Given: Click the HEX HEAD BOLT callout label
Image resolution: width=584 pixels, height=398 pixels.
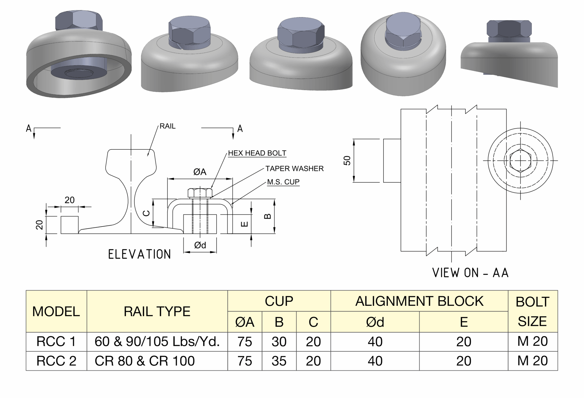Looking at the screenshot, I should [x=257, y=153].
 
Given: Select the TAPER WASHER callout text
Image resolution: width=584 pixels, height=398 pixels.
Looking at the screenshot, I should [x=294, y=169].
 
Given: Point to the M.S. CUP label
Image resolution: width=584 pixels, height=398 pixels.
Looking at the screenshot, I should [x=283, y=182].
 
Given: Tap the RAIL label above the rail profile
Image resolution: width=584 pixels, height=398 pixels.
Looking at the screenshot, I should [x=167, y=126].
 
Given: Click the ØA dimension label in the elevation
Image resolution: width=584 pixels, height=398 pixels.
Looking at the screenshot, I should [x=200, y=172].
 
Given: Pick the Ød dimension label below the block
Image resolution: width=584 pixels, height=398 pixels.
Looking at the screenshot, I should [x=200, y=245].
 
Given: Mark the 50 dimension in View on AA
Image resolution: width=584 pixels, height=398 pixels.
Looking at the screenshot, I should [x=347, y=160].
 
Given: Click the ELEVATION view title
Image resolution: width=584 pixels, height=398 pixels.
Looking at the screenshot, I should [x=139, y=254].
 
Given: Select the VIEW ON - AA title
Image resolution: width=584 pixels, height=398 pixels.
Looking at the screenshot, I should [x=470, y=273].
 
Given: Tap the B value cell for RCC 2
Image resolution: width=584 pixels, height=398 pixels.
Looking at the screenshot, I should [x=279, y=361].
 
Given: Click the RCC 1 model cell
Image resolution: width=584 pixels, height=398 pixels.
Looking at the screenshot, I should [x=56, y=342].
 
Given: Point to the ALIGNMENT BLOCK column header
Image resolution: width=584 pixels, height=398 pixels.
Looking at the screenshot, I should [x=419, y=301].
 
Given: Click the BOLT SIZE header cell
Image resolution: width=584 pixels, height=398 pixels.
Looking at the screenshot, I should [x=532, y=311].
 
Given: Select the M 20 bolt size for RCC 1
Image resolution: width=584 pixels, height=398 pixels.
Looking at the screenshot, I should [x=532, y=342].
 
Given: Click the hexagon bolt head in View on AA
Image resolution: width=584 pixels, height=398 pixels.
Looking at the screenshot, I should [x=520, y=160].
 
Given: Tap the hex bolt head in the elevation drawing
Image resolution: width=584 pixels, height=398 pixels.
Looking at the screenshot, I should [x=200, y=193].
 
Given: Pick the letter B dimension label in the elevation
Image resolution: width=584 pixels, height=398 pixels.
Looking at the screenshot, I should [x=267, y=216].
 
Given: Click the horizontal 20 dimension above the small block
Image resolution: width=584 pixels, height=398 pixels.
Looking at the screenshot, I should [x=70, y=200].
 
